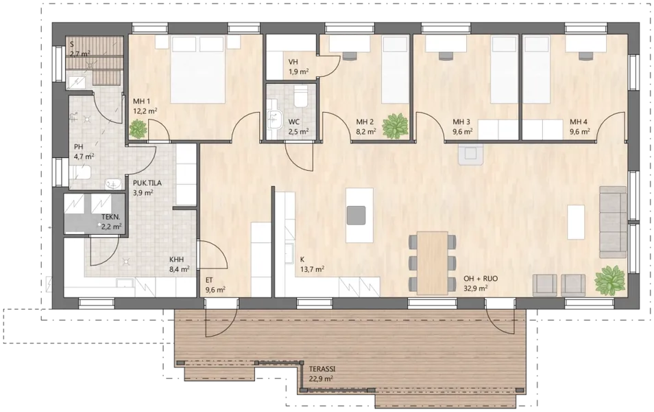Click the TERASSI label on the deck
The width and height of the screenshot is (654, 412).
322,369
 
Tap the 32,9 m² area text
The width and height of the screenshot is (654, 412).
476,288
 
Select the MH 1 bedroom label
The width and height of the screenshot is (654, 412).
142,101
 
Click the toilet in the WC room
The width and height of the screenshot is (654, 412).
300,97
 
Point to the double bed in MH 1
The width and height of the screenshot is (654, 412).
199,69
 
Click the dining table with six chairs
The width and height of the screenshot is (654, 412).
432,262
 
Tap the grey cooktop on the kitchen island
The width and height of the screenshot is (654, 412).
356,215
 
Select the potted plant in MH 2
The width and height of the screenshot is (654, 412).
395,126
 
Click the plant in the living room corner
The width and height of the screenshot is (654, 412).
610,280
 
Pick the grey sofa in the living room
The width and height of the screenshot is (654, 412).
613,222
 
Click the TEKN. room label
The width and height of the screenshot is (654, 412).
111,217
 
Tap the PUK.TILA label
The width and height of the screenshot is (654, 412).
147,183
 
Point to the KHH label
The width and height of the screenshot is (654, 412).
176,260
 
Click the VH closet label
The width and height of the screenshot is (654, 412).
293,62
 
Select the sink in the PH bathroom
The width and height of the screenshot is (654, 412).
112,184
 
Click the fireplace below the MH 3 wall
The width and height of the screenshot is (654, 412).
470,154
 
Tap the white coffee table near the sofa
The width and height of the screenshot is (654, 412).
576,222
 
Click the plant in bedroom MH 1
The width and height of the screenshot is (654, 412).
138,128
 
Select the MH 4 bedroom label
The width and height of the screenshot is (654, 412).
579,122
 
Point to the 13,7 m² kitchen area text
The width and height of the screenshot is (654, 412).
313,270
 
